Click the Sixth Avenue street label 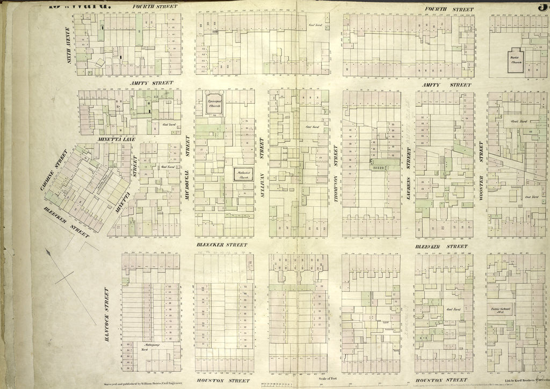tap(69, 48)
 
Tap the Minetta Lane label tap(117, 139)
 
